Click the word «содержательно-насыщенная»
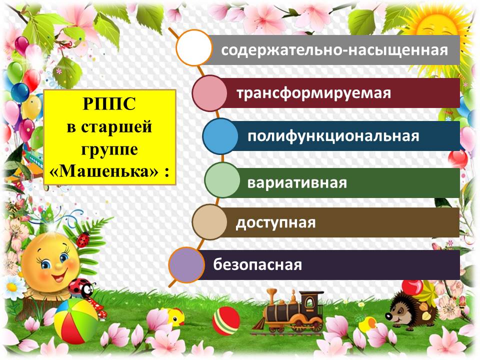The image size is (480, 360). [x=334, y=50]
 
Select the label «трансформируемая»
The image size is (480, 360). [x=314, y=93]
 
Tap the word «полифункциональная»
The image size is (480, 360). [x=333, y=136]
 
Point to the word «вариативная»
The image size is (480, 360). [x=297, y=183]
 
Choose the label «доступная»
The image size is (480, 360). [x=275, y=223]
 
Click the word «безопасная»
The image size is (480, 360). [x=257, y=264]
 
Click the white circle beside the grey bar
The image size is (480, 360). [x=194, y=48]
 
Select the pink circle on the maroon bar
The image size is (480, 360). [x=209, y=93]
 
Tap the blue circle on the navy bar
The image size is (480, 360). [x=220, y=136]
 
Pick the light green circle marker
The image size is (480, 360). [x=222, y=180]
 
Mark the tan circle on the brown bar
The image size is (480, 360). [x=209, y=222]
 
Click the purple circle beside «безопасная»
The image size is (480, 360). [x=186, y=265]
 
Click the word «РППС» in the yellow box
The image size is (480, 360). [x=109, y=103]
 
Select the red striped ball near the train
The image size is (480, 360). [x=226, y=321]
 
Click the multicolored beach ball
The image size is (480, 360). [x=76, y=321]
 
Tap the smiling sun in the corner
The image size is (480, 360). [x=441, y=27]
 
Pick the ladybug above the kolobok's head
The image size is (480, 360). [x=83, y=239]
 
